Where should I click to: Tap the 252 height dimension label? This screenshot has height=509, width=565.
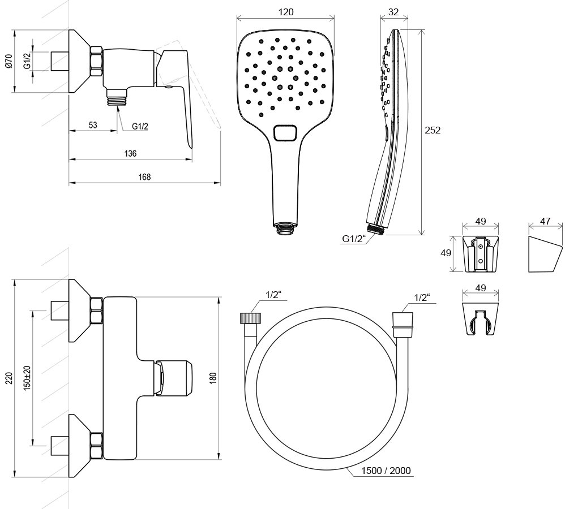pyautogui.click(x=432, y=130)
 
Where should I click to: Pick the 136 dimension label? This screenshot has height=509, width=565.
pyautogui.click(x=130, y=153)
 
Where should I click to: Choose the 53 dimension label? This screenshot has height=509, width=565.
pyautogui.click(x=93, y=126)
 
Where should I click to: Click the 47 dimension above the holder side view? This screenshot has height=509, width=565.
pyautogui.click(x=545, y=222)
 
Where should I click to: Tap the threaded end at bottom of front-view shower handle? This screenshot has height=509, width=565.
pyautogui.click(x=285, y=228)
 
